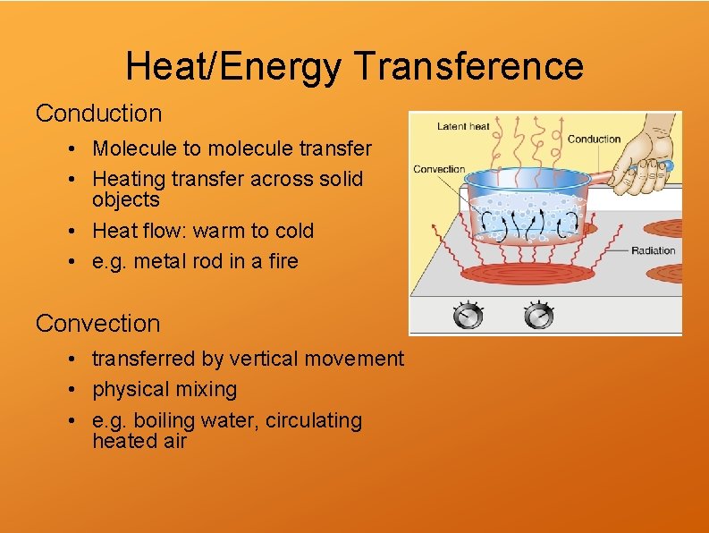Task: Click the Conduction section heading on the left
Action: tap(98, 114)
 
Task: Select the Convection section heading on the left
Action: tap(97, 323)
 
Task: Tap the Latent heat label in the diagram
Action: tap(463, 126)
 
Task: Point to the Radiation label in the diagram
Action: tap(653, 250)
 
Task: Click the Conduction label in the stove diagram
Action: tap(594, 139)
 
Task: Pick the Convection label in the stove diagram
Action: tap(439, 169)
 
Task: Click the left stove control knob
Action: tap(468, 316)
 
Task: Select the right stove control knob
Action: tap(538, 316)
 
